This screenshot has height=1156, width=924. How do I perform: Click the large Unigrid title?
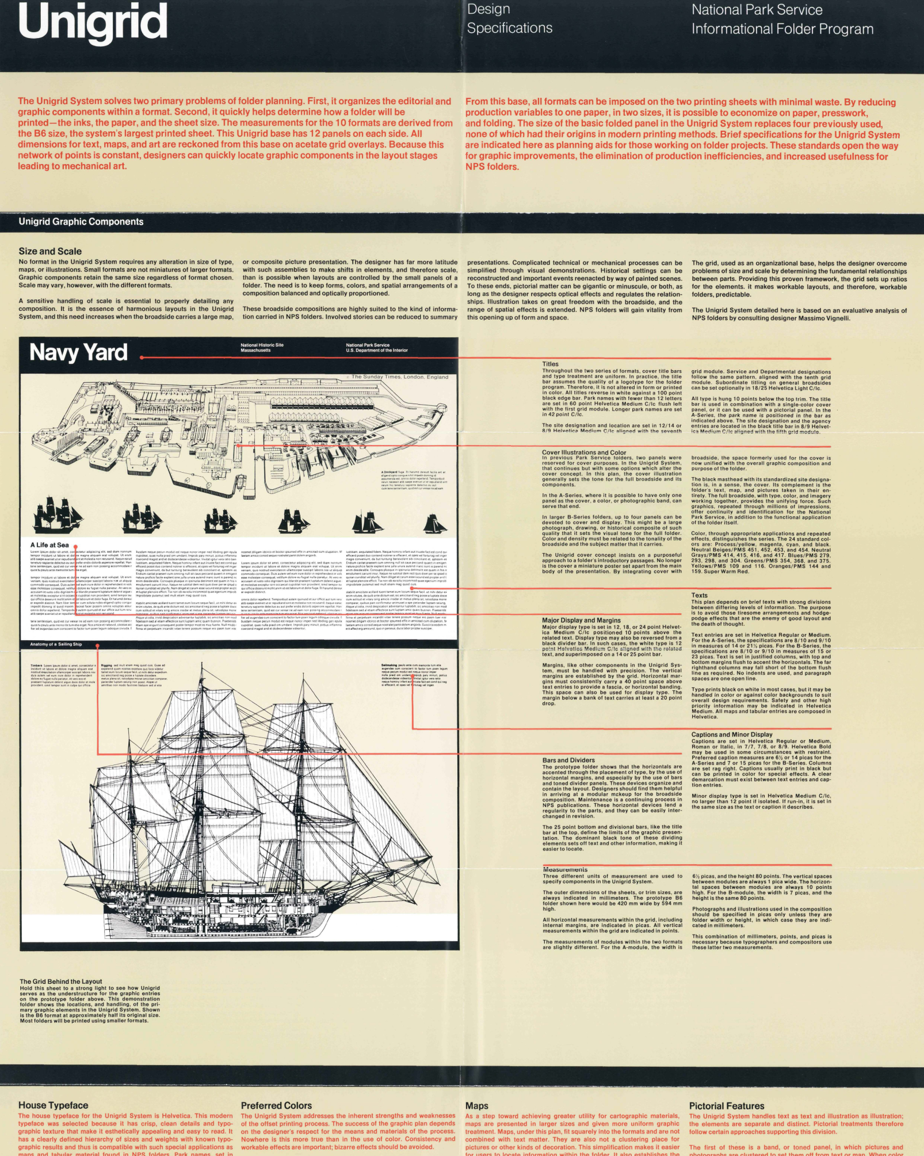93,22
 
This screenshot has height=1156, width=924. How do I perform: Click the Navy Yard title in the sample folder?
78,352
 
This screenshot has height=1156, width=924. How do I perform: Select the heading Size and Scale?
50,251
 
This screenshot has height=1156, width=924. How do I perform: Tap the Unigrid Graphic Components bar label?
81,222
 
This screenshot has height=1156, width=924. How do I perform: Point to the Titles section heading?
550,364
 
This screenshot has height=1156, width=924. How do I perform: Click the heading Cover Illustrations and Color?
584,452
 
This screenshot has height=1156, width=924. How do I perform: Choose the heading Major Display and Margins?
581,621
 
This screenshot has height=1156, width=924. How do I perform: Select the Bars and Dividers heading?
568,760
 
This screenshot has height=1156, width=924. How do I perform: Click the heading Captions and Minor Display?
732,735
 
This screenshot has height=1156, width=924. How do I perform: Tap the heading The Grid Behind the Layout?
61,982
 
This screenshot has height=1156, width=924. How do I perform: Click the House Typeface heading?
54,1105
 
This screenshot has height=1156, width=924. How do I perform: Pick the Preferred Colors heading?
276,1105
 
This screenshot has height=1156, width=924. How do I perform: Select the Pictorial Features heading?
727,1106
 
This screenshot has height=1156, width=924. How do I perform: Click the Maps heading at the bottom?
477,1106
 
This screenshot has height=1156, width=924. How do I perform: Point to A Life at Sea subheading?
49,545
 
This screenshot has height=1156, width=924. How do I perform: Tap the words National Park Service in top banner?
757,10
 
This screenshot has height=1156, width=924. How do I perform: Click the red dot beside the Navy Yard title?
142,358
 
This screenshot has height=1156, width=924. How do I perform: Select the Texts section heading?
699,595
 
